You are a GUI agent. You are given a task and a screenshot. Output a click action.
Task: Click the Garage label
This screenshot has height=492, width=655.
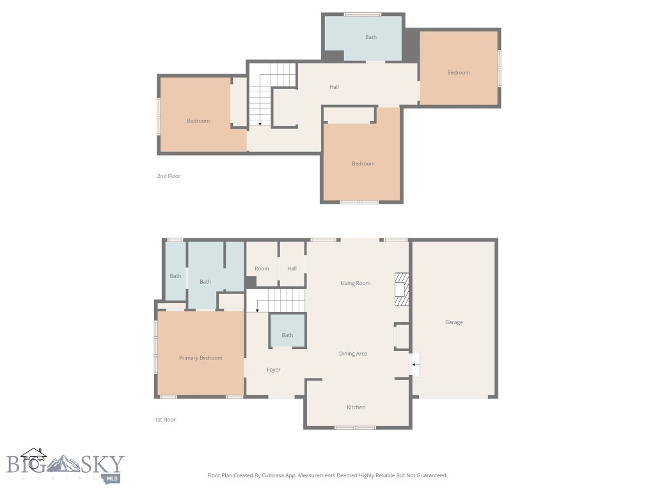pos(454,322)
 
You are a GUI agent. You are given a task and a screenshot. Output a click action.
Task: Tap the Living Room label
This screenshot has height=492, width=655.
pos(355,283)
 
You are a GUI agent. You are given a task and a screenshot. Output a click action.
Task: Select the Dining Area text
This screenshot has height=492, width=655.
pos(353,354)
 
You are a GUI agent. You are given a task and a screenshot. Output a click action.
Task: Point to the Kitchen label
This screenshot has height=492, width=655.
pos(356,407)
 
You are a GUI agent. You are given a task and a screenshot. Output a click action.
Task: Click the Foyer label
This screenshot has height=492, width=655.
pos(273,370)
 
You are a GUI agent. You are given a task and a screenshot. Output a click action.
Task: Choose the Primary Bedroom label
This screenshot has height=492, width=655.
pos(200,358)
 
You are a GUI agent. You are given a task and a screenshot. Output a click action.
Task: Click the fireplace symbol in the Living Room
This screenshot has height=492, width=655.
pos(402,290)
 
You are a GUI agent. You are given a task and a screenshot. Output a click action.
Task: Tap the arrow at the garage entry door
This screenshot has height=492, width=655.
pos(414,365)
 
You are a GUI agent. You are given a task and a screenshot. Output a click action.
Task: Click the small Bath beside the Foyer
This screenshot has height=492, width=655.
pos(287,335)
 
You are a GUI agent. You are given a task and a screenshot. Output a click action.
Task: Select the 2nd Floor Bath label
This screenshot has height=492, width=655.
pos(371,37)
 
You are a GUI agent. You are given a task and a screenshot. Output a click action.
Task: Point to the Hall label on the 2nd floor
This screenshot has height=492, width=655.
pos(334,87)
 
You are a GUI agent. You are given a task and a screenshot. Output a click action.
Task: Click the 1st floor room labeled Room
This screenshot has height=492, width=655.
pos(262,268)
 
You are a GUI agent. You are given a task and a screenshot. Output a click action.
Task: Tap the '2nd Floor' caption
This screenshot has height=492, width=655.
pos(169,176)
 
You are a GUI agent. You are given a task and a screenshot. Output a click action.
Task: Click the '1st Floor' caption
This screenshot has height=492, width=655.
pos(165,420)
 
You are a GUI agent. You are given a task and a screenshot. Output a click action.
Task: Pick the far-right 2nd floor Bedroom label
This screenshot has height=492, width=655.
pos(458,72)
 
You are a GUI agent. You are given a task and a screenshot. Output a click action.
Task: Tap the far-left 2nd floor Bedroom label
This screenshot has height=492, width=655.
pos(198,121)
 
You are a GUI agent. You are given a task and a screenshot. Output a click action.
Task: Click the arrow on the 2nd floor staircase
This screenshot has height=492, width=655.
pos(260,122)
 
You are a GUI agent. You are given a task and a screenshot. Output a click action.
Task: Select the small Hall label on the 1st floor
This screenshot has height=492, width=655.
pos(292,268)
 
